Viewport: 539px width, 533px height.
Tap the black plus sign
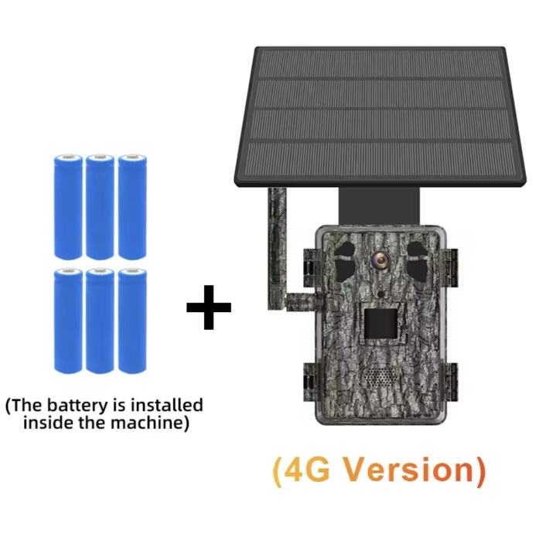click(208, 307)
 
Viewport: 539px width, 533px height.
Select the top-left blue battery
click(67, 206)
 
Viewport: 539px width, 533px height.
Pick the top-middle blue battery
click(100, 206)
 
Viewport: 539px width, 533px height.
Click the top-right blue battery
click(131, 206)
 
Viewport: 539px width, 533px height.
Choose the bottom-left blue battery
click(67, 320)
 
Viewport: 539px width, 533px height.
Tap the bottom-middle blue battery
click(100, 320)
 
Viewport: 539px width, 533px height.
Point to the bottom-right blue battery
click(131, 320)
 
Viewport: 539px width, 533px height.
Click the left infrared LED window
click(346, 255)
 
